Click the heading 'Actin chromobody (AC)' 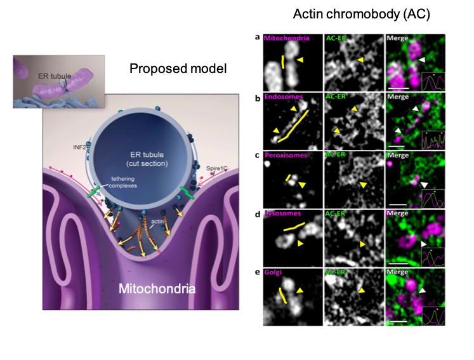click(362, 14)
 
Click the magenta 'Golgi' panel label click(275, 272)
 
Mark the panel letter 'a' click(257, 37)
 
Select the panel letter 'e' click(257, 271)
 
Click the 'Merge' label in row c click(398, 155)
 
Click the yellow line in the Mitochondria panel click(282, 62)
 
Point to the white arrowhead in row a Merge click(422, 59)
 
